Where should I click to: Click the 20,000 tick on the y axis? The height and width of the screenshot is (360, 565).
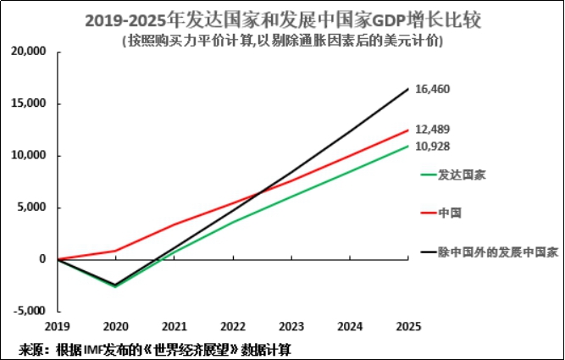pyautogui.click(x=30, y=53)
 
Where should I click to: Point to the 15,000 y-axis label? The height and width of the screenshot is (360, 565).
pyautogui.click(x=30, y=104)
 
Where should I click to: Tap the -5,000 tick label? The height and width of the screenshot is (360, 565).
pyautogui.click(x=30, y=311)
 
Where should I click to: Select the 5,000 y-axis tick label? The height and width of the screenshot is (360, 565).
pyautogui.click(x=34, y=208)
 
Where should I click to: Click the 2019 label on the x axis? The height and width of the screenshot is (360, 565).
pyautogui.click(x=58, y=326)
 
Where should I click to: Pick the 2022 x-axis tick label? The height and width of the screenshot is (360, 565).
pyautogui.click(x=232, y=326)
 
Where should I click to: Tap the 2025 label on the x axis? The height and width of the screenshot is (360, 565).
pyautogui.click(x=408, y=326)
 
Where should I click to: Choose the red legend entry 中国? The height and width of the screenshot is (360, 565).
pyautogui.click(x=449, y=213)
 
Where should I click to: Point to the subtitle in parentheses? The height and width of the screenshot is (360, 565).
pyautogui.click(x=283, y=39)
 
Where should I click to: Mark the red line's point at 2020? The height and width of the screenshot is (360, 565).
pyautogui.click(x=115, y=251)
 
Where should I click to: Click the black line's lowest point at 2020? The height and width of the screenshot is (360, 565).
pyautogui.click(x=115, y=285)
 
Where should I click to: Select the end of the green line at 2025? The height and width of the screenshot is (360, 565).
pyautogui.click(x=408, y=146)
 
